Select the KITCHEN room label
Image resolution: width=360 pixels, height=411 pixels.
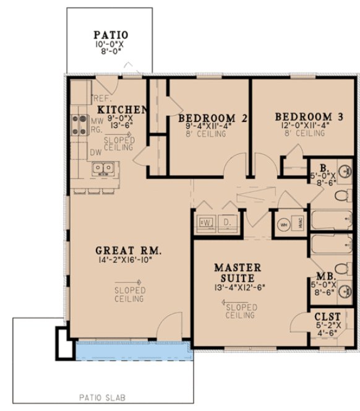[123, 110]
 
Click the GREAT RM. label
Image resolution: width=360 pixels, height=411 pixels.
[128, 251]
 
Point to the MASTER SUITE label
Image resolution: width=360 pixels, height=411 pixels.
[237, 273]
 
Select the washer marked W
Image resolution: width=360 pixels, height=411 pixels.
[206, 221]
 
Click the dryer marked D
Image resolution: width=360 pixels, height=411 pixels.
[227, 221]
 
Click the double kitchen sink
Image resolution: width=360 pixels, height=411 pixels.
[103, 168]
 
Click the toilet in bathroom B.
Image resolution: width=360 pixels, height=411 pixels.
[340, 196]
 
